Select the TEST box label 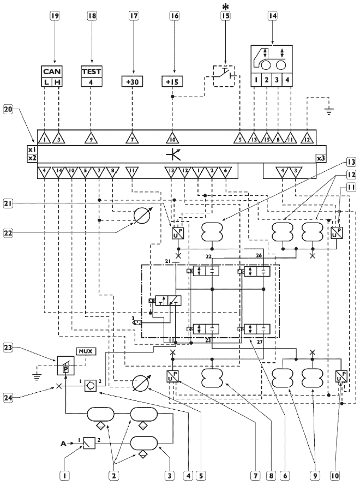coord(92,71)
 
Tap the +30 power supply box coord(132,82)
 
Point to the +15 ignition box coord(172,82)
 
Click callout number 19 coord(54,16)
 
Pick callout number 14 coord(272,16)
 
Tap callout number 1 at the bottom coord(65,476)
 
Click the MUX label coord(85,351)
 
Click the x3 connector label coord(321,158)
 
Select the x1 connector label coord(31,149)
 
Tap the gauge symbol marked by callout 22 coord(144,214)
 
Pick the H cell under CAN coord(59,82)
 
